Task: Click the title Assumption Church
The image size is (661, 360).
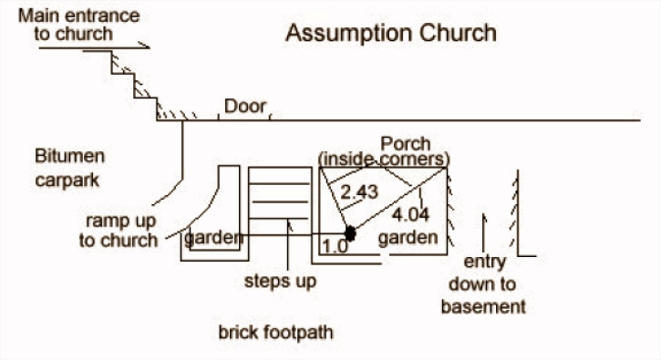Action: pos(391,34)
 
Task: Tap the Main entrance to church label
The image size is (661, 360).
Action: pos(78,25)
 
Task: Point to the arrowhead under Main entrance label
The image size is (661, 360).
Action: pos(145,45)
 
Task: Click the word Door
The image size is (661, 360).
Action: pos(245,107)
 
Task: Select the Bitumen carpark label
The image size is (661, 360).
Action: pos(70,168)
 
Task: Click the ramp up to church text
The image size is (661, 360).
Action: pos(119,231)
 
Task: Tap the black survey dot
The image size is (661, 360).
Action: pos(350,233)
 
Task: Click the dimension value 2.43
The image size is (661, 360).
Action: pos(359,192)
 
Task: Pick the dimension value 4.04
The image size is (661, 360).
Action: pos(410,215)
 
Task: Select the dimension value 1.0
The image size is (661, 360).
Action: pos(336,246)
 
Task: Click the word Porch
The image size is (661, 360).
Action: pos(406,144)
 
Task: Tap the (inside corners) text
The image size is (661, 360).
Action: pos(384,159)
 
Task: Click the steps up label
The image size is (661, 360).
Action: pos(280,282)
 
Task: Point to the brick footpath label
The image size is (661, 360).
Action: pos(275,333)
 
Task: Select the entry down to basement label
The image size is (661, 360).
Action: pos(483,284)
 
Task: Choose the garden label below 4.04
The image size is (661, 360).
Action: pos(408,238)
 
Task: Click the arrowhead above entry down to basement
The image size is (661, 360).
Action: pos(484,219)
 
